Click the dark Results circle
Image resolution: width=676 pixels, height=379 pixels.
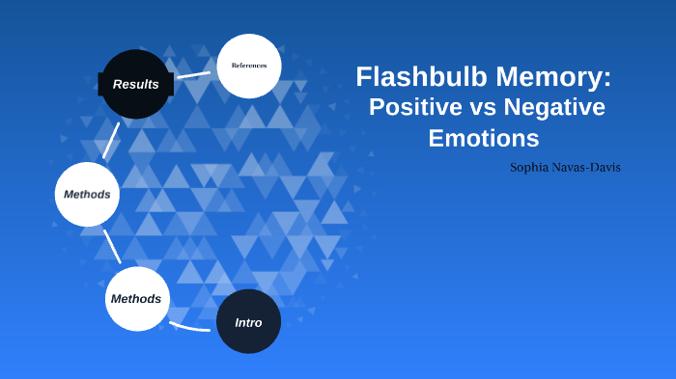[x=135, y=84]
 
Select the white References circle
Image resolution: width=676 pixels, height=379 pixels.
[x=249, y=66]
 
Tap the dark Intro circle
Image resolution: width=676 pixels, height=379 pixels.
[x=248, y=321]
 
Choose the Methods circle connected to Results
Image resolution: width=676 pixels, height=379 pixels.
[x=87, y=194]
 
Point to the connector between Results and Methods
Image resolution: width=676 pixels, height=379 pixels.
[x=111, y=141]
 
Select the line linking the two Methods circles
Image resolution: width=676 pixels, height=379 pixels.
[x=111, y=248]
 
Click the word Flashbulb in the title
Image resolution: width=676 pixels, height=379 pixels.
[x=414, y=76]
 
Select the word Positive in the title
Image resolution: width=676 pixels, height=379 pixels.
[x=416, y=107]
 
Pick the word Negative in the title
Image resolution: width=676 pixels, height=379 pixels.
[x=558, y=107]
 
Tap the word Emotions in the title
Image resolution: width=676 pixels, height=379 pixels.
[x=483, y=138]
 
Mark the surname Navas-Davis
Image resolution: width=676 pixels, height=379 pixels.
[x=591, y=168]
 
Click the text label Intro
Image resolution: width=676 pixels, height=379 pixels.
[x=248, y=322]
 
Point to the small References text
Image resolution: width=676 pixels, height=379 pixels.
[x=249, y=66]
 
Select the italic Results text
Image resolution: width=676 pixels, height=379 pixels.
[x=135, y=84]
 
